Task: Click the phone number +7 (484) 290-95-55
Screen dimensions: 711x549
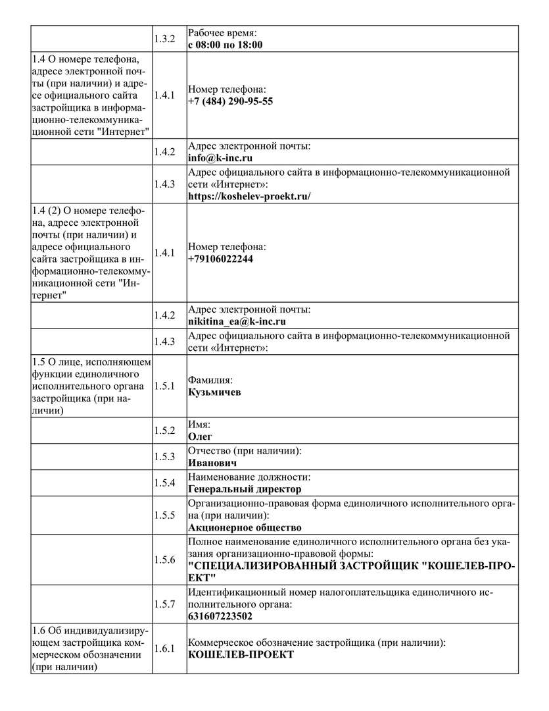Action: [x=230, y=101]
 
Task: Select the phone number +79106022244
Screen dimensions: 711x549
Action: [x=220, y=259]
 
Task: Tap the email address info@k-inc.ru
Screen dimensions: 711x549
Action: [x=220, y=159]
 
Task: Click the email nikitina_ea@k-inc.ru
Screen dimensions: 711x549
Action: [x=237, y=322]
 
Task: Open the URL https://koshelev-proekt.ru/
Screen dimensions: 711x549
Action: [x=249, y=196]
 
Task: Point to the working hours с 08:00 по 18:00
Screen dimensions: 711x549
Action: [x=225, y=45]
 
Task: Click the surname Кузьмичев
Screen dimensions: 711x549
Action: [x=214, y=392]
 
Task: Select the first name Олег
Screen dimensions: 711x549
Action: [x=200, y=436]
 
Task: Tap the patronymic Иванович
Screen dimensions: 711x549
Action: [x=212, y=463]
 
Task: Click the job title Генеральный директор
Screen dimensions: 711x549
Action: [x=245, y=489]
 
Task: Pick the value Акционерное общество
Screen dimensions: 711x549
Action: [x=245, y=527]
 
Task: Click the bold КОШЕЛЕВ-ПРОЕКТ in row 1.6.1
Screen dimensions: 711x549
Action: [x=241, y=654]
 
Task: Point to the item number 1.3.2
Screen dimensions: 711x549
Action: [x=164, y=39]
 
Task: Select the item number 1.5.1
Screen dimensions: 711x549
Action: [x=164, y=386]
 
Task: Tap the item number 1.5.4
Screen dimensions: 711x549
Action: [x=164, y=483]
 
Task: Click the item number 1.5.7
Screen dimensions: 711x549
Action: [x=164, y=604]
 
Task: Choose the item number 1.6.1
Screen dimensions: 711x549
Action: [x=164, y=648]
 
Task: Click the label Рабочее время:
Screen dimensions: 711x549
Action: [x=222, y=32]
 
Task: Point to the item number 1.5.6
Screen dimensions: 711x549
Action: [x=164, y=560]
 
